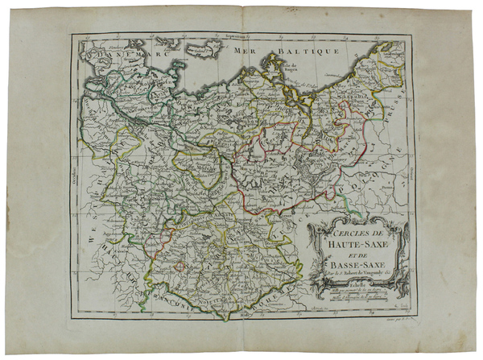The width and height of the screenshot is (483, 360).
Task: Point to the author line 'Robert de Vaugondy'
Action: pos(359,271)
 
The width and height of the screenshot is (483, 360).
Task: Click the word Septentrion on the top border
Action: pos(242,37)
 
